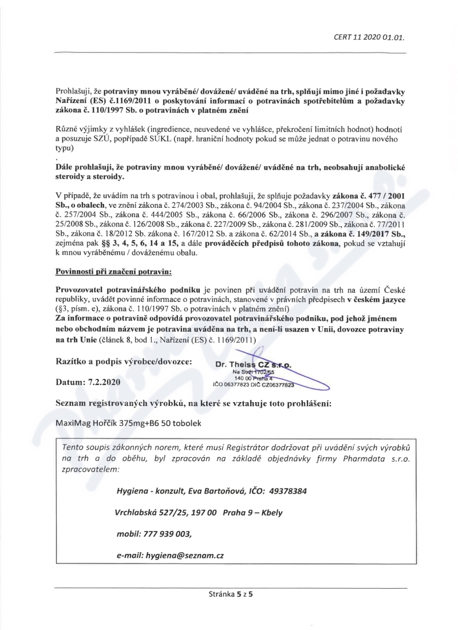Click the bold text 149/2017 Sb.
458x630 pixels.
(x=378, y=234)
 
